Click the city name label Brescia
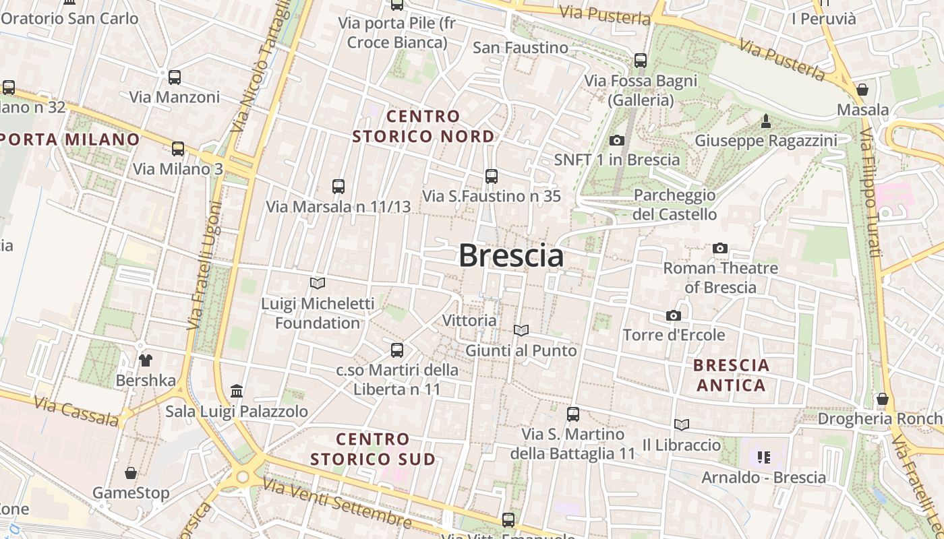click(511, 256)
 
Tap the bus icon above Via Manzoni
click(175, 77)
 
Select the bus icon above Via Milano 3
click(178, 148)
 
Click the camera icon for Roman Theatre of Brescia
click(720, 248)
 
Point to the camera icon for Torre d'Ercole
click(673, 315)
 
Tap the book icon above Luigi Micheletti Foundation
click(318, 283)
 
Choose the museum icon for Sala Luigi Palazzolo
click(237, 391)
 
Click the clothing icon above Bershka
click(146, 360)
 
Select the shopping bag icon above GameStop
click(131, 473)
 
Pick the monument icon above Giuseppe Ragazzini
click(765, 121)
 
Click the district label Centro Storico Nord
click(423, 126)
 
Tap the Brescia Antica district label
click(732, 375)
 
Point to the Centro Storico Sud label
click(373, 449)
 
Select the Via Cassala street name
click(76, 412)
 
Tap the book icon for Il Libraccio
click(682, 424)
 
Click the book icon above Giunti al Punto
click(521, 330)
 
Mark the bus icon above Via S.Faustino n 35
click(492, 177)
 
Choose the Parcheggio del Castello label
click(675, 205)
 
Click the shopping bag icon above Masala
click(862, 89)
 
